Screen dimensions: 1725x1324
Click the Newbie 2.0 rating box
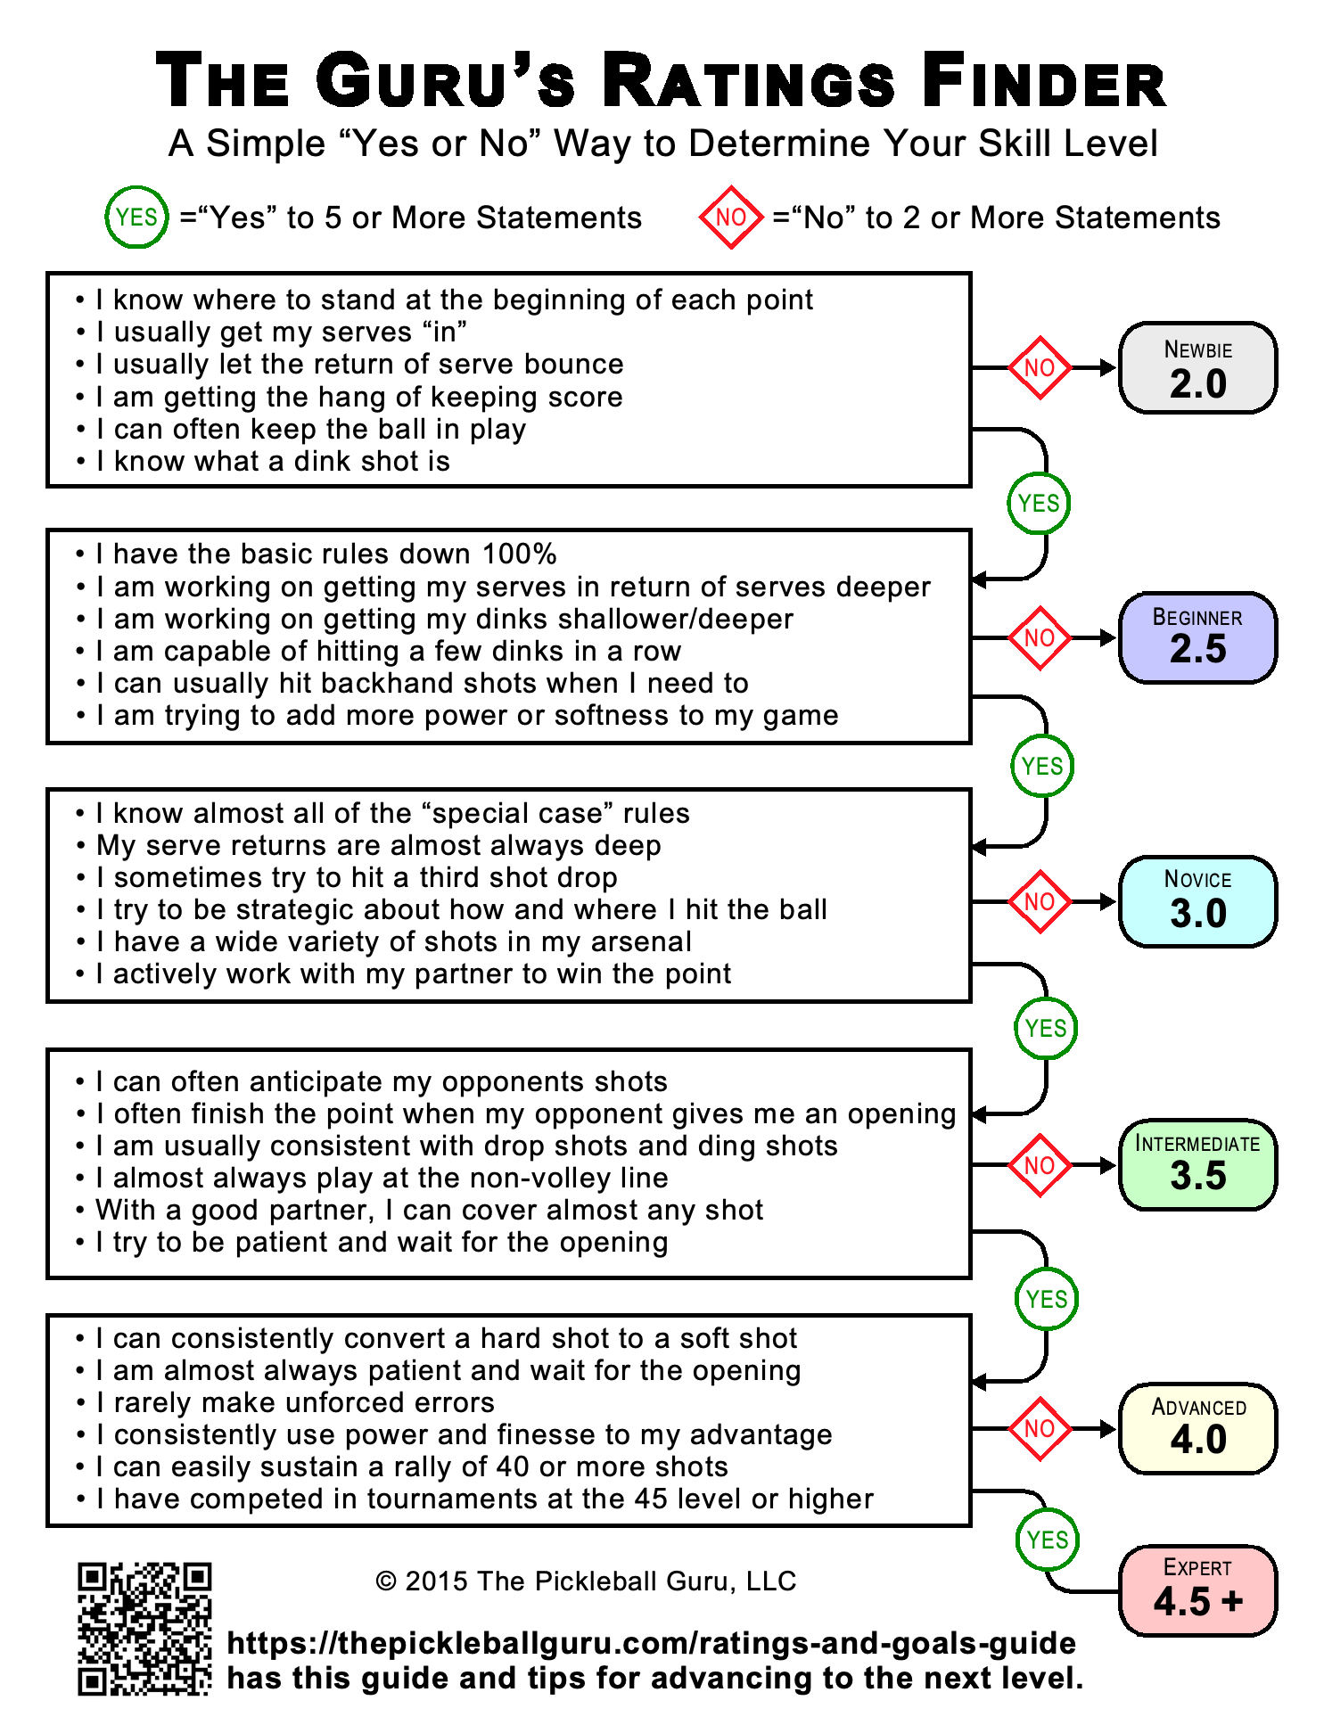[x=1197, y=368]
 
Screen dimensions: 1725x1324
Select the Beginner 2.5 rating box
[x=1197, y=637]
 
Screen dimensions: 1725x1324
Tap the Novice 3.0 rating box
[x=1197, y=901]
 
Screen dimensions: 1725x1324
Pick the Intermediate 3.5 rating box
[x=1197, y=1164]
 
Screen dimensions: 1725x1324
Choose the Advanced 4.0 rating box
[x=1197, y=1428]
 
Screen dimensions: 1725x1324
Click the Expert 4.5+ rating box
[x=1197, y=1590]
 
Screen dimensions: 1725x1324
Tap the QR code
[x=144, y=1628]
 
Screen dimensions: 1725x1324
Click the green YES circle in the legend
[x=136, y=218]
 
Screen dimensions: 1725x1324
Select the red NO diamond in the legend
[x=731, y=218]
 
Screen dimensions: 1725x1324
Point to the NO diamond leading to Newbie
[x=1040, y=368]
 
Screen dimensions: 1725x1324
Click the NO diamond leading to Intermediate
[x=1040, y=1165]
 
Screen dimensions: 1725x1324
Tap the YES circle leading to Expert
[x=1048, y=1540]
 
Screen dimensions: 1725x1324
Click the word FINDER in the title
[x=1043, y=82]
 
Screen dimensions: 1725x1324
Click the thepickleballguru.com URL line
[x=652, y=1643]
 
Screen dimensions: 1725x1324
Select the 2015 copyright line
[x=586, y=1581]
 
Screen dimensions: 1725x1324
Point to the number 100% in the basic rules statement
[x=519, y=554]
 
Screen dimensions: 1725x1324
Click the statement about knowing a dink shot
[x=273, y=462]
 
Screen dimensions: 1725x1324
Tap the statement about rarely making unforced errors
[x=295, y=1402]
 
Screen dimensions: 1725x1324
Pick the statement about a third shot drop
[x=357, y=878]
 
